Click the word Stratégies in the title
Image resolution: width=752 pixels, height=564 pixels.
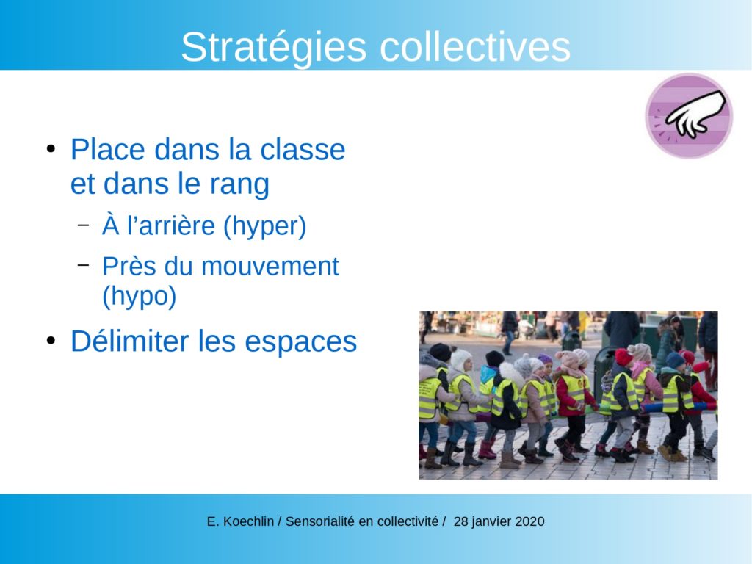pos(273,48)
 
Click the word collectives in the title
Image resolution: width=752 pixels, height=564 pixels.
pos(475,47)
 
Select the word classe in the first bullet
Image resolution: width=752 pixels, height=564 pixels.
pos(302,150)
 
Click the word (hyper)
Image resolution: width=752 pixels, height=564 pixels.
pos(264,226)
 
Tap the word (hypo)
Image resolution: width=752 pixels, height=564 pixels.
pos(139,297)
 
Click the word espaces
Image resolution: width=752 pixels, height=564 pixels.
pos(301,342)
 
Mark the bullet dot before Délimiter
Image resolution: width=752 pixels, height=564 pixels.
pos(51,341)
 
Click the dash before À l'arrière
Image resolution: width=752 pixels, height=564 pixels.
pos(83,224)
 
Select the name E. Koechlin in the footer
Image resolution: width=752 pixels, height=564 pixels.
pos(240,521)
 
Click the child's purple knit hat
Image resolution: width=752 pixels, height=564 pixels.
pos(546,358)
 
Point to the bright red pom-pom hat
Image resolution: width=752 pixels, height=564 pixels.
pos(623,357)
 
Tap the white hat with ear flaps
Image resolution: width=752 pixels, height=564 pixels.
pos(460,358)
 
